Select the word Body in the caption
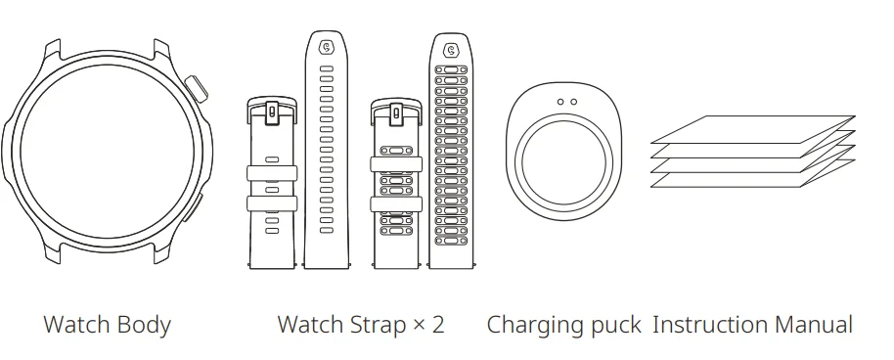pos(145,325)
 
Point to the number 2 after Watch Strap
pos(436,325)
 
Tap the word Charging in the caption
pos(534,325)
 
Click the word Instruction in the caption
pos(709,325)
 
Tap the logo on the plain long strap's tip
pos(327,45)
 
